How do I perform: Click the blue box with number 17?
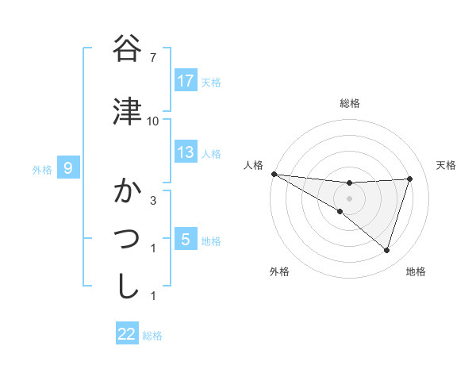pos(186,81)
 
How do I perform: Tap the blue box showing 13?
pos(186,152)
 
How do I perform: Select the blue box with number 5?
pos(186,240)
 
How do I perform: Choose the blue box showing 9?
pos(69,167)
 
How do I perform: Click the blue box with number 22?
pos(127,334)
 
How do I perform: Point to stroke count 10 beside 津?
pos(153,121)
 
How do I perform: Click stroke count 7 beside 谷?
pos(153,58)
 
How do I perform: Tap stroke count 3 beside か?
pos(153,201)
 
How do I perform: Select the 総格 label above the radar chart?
pos(349,103)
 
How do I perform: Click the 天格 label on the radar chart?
pos(447,165)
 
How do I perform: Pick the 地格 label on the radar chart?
pos(416,271)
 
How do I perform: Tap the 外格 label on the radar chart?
pos(279,271)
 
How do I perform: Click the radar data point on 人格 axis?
pos(274,173)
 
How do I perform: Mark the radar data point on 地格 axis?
pos(386,250)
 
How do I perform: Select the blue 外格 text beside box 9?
pos(41,169)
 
